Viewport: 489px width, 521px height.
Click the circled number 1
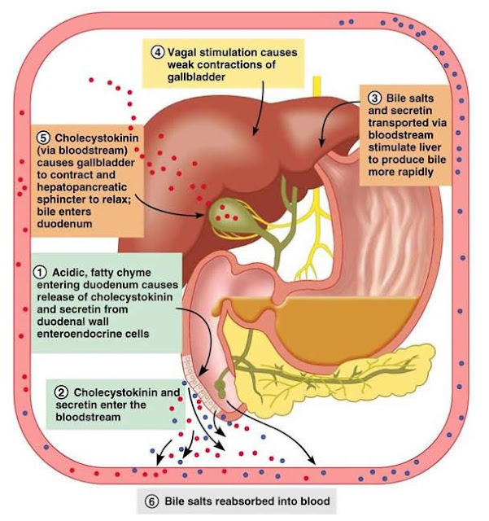pos(37,269)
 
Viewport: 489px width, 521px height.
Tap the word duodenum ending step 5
pos(62,221)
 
